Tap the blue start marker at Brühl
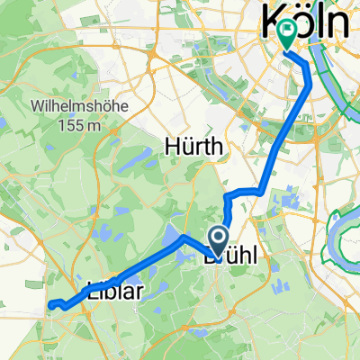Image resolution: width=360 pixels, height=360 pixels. [218, 238]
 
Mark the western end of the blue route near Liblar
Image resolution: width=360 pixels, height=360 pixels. [50, 303]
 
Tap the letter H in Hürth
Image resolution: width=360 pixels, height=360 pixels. [170, 145]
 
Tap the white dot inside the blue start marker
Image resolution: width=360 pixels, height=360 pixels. [218, 236]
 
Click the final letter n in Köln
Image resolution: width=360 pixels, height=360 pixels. [340, 22]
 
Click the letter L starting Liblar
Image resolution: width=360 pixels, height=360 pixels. [92, 290]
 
